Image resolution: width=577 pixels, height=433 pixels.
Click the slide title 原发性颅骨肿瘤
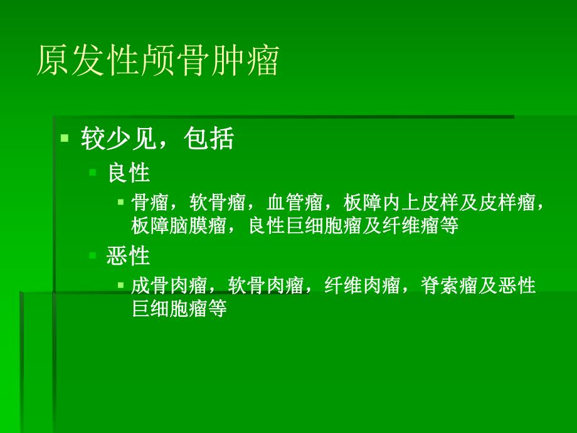pyautogui.click(x=157, y=61)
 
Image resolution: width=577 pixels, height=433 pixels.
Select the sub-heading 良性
pyautogui.click(x=129, y=172)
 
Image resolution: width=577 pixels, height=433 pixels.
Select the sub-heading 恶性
pyautogui.click(x=129, y=256)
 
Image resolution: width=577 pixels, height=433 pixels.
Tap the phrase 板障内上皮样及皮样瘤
pyautogui.click(x=442, y=203)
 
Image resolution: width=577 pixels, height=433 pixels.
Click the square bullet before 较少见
pyautogui.click(x=64, y=138)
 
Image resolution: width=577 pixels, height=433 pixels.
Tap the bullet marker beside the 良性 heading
pyautogui.click(x=92, y=171)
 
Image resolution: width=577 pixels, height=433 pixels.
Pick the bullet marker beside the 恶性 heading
pyautogui.click(x=92, y=255)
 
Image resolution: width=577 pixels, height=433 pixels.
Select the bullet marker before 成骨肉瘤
pyautogui.click(x=120, y=286)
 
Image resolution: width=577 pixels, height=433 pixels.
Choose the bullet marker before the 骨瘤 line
pyautogui.click(x=120, y=202)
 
